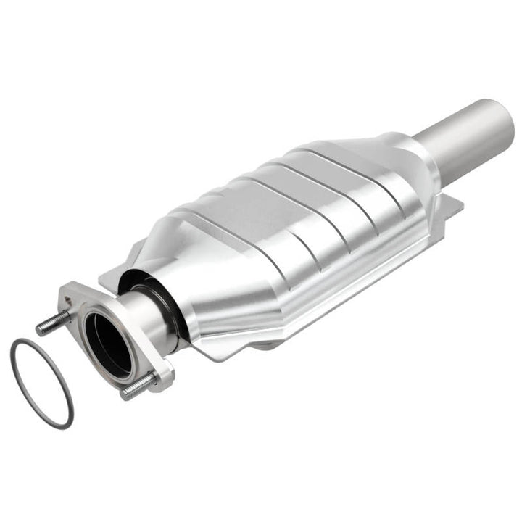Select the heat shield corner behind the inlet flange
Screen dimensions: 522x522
pyautogui.click(x=116, y=272)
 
